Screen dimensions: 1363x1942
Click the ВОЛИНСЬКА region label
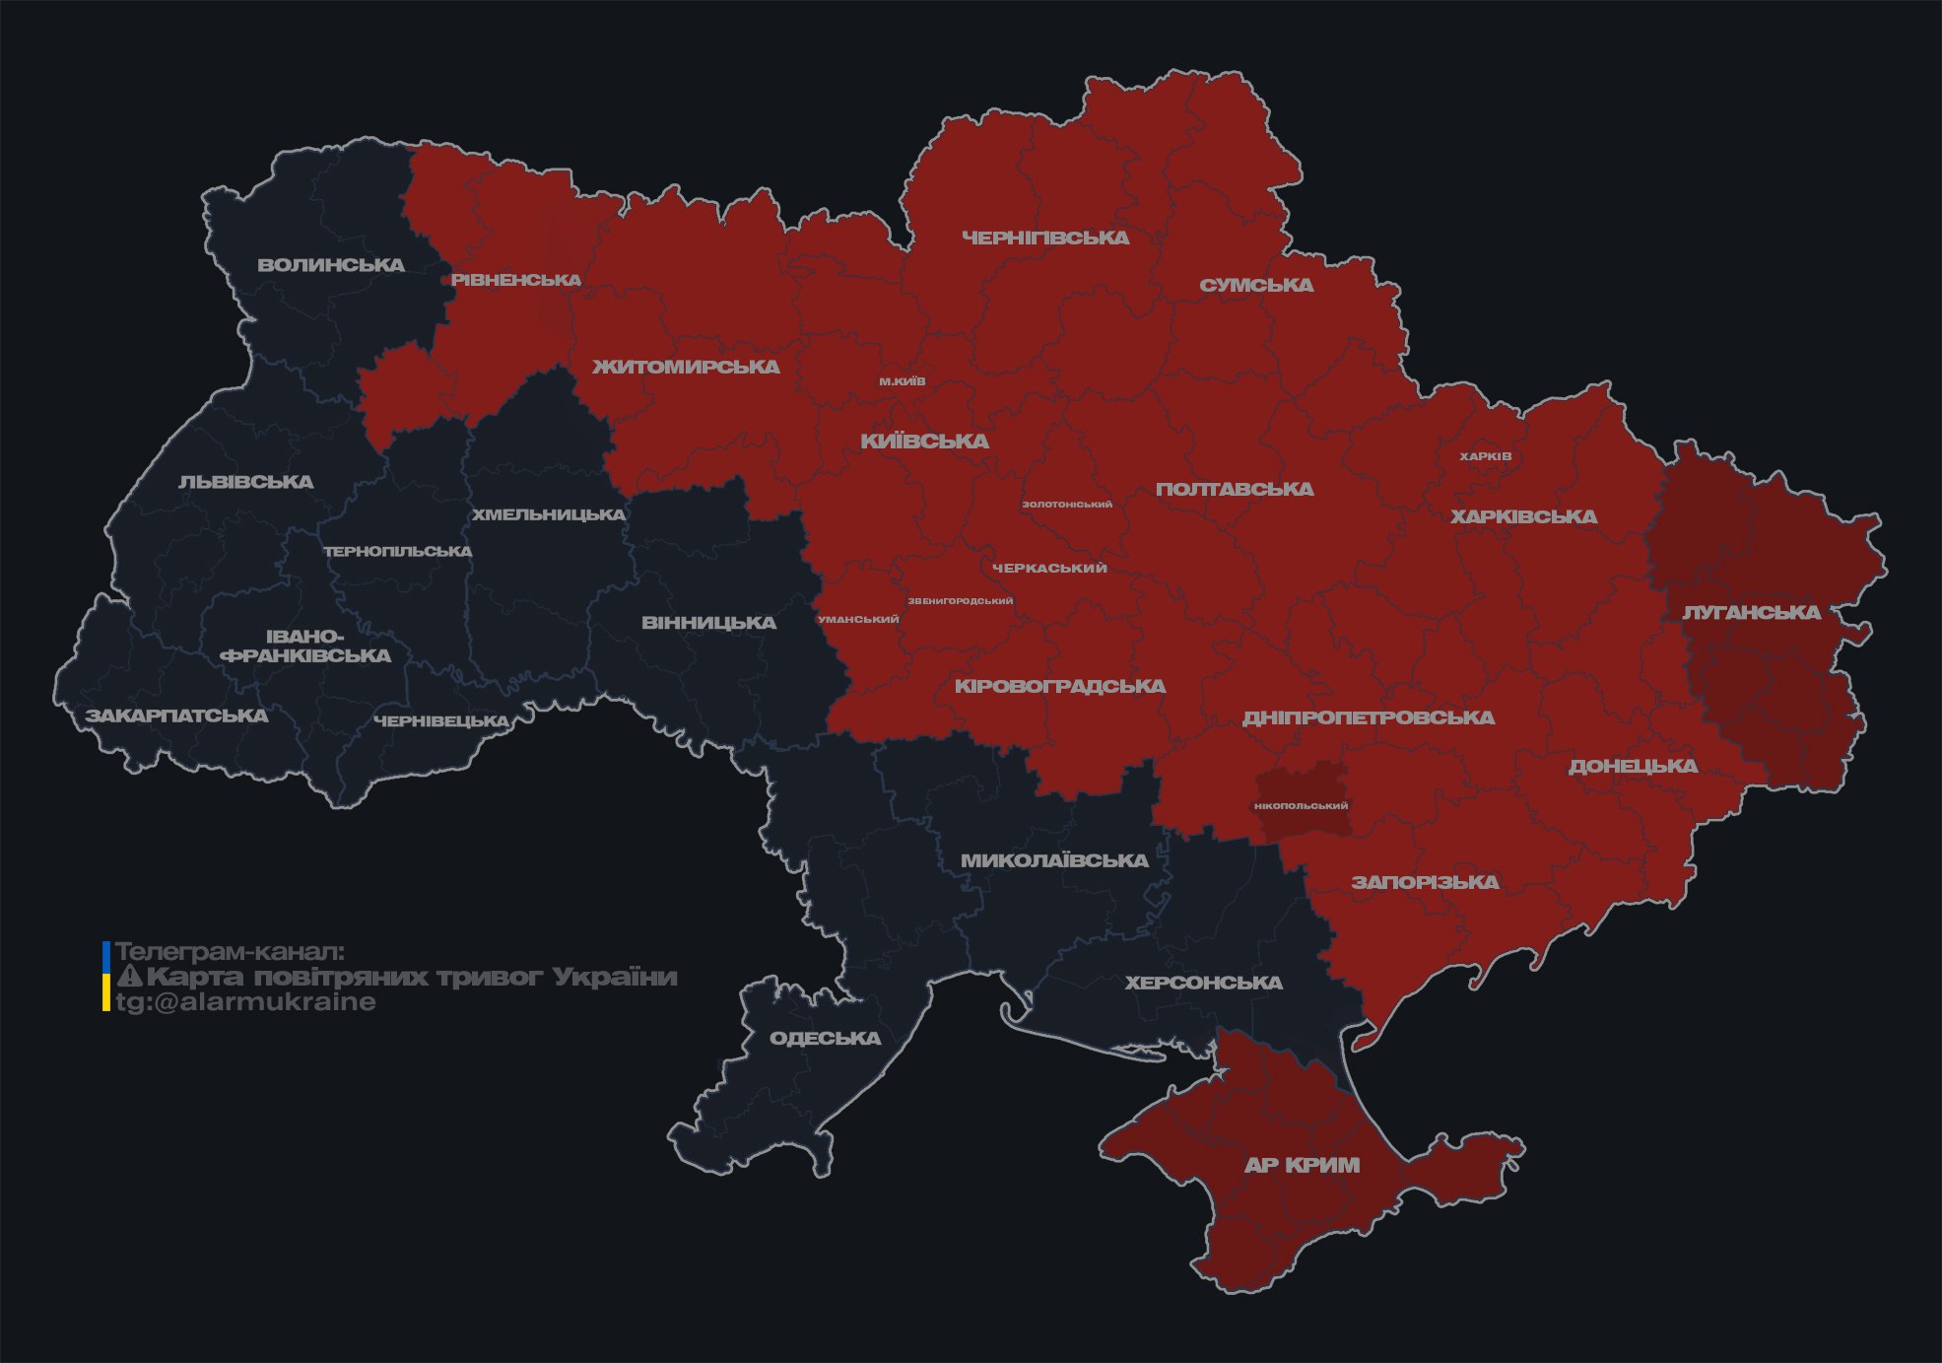(x=331, y=265)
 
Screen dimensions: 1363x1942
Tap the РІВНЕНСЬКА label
(x=516, y=280)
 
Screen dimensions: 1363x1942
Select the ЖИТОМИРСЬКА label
(x=686, y=367)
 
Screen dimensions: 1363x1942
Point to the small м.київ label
(x=903, y=381)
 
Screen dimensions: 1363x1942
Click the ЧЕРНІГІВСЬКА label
(x=1045, y=238)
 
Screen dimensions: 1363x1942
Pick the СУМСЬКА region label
(x=1256, y=285)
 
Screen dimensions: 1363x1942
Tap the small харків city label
(x=1485, y=456)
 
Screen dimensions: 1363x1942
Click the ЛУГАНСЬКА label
(x=1751, y=612)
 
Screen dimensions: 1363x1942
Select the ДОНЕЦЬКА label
(x=1633, y=766)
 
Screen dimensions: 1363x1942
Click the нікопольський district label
(x=1301, y=806)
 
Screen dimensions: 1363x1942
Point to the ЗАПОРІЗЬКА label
(x=1425, y=882)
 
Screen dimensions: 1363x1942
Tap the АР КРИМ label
(x=1302, y=1165)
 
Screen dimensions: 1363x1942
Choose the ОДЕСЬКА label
(x=825, y=1038)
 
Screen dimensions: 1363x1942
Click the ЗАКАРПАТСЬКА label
(x=176, y=716)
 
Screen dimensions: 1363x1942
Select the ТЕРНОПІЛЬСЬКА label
(x=398, y=551)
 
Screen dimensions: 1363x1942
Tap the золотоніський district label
(x=1067, y=505)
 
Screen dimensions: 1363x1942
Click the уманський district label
(x=858, y=620)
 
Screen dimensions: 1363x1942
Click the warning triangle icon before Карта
(x=130, y=977)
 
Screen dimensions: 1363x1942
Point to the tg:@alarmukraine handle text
(x=245, y=1002)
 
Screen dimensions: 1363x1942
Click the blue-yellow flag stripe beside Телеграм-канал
(x=106, y=977)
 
